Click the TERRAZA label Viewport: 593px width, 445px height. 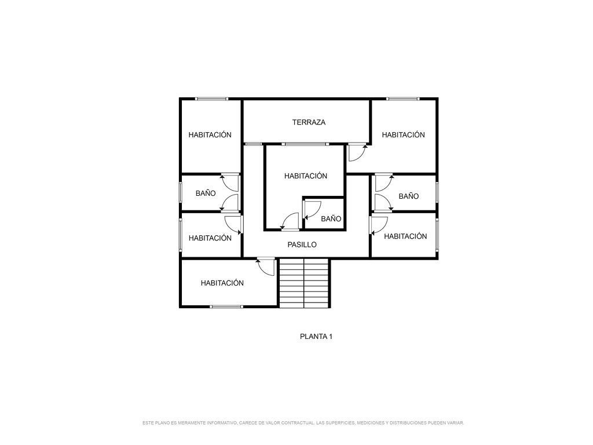pos(309,122)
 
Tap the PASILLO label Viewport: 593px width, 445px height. pos(302,245)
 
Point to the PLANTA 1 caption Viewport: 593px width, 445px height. pos(316,337)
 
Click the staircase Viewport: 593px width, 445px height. pos(305,283)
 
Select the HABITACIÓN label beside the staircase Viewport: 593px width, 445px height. pos(222,283)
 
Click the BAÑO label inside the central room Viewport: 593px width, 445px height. pos(331,218)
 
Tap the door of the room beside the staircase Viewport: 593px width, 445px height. pos(265,267)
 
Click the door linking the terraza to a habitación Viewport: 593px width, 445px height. pos(357,152)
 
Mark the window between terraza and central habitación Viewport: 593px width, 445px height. pos(305,144)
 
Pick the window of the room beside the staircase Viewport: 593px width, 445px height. pos(226,307)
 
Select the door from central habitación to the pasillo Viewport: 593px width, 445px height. pos(291,221)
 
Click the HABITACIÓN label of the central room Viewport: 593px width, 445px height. pos(306,176)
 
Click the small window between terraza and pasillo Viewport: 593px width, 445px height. pos(253,144)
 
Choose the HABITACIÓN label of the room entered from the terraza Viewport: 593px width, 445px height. pos(403,134)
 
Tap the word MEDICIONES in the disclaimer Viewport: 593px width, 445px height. pos(370,422)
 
